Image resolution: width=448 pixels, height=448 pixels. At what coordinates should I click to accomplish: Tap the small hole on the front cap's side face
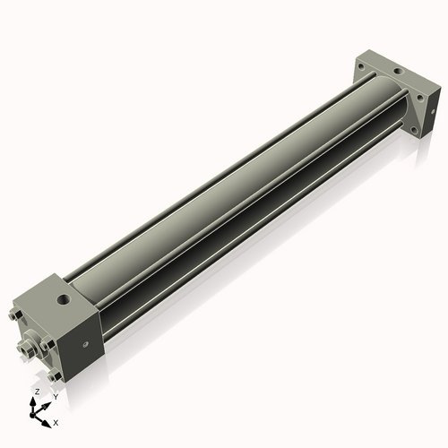coord(84,341)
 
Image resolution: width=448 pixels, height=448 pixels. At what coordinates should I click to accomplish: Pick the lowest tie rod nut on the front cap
coord(56,376)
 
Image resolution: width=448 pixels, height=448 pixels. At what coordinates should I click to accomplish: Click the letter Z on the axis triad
coord(35,392)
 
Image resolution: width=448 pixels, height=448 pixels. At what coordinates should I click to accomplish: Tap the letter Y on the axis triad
coord(56,396)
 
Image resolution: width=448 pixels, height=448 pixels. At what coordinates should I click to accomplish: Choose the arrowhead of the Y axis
coord(47,403)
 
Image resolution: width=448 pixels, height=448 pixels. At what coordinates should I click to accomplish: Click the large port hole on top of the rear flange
coord(396,70)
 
